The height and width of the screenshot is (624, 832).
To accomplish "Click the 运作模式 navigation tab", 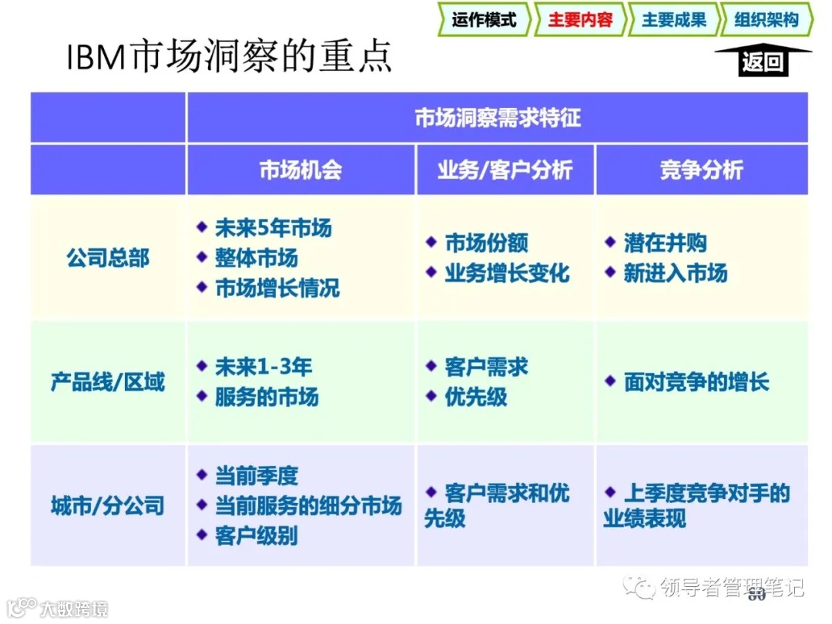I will [x=484, y=20].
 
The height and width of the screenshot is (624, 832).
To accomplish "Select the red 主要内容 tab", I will [x=579, y=20].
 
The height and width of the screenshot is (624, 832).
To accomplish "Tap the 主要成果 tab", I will [x=673, y=20].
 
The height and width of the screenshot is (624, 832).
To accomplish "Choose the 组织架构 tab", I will [x=766, y=20].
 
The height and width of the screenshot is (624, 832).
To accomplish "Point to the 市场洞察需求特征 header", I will [x=497, y=118].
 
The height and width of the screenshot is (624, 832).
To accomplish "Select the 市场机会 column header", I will [x=300, y=170].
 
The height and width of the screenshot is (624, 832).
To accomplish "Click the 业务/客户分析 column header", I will [x=505, y=170].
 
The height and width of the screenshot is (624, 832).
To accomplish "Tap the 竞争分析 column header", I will [x=701, y=170].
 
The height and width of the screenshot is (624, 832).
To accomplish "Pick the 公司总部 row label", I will [x=108, y=258].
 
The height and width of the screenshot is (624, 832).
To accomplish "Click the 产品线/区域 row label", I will [x=108, y=382].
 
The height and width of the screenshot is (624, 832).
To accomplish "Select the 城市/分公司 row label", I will [x=108, y=506].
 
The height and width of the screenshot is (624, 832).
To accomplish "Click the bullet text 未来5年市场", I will [x=273, y=228].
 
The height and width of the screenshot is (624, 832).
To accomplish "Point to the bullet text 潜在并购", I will [x=665, y=243].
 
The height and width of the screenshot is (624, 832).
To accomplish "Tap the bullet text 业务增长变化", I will [x=507, y=273].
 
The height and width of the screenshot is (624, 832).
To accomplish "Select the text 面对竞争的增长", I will [x=696, y=382].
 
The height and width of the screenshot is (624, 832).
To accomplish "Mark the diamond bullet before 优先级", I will [x=431, y=396].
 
